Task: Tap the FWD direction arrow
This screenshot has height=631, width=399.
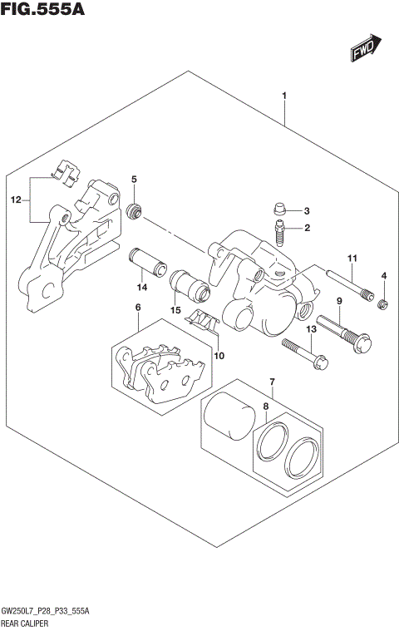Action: [x=365, y=49]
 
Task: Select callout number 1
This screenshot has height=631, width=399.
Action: [x=284, y=96]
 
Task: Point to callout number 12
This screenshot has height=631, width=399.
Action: [x=14, y=200]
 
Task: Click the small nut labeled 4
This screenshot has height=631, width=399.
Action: [x=383, y=306]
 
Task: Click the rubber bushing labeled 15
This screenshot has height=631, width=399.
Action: [x=188, y=288]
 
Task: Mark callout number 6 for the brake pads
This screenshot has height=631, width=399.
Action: [x=137, y=308]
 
